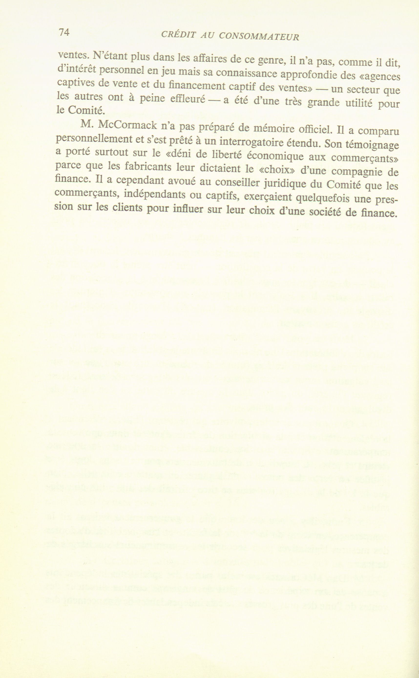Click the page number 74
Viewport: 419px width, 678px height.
point(63,33)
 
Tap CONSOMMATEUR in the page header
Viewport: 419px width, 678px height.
point(259,36)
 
